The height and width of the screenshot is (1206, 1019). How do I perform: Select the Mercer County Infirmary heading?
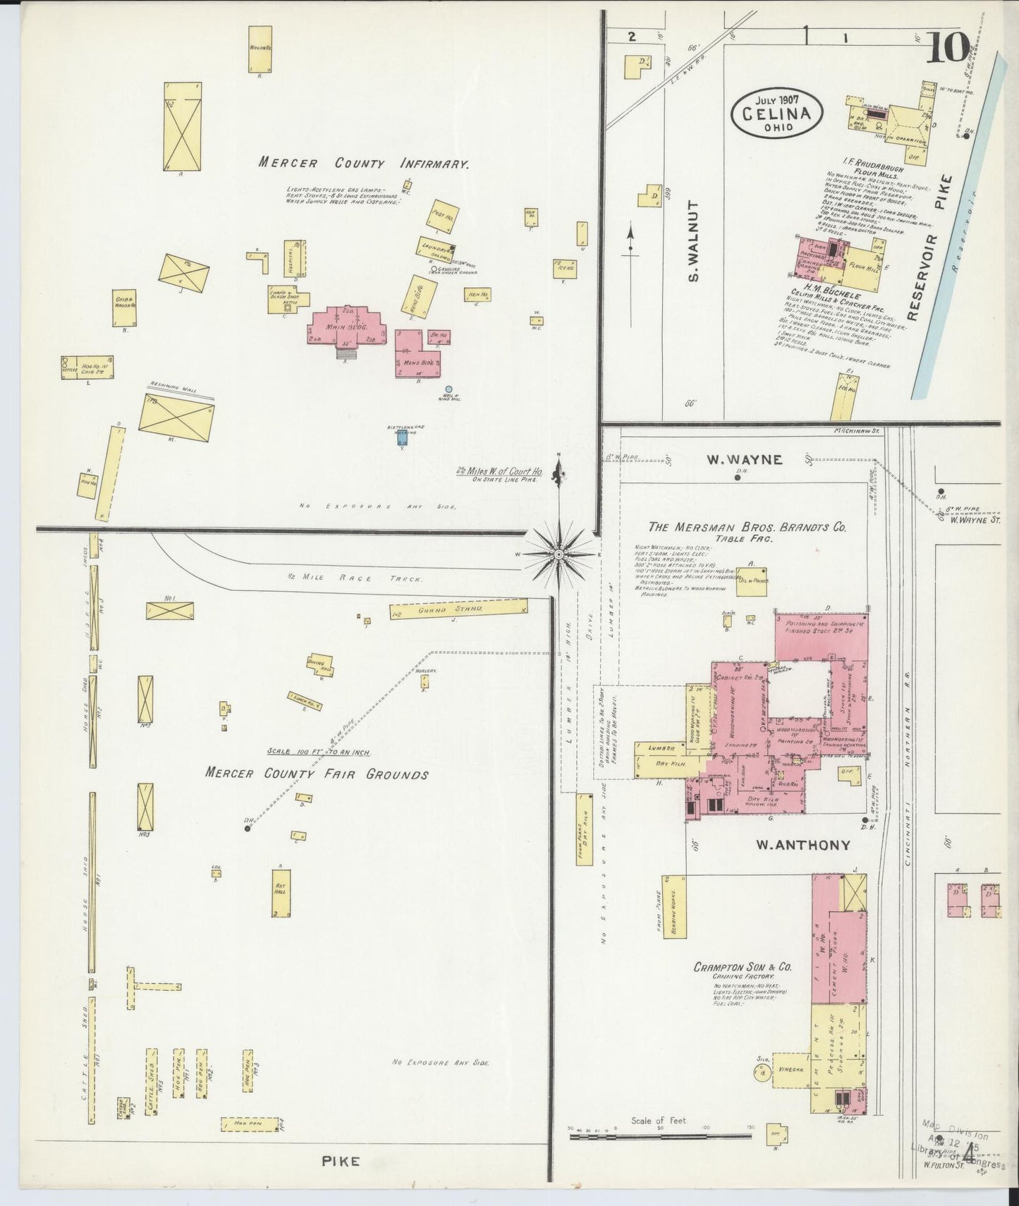point(363,164)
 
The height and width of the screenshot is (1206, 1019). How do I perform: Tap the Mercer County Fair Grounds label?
point(317,774)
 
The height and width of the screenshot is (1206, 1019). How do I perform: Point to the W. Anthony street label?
point(803,844)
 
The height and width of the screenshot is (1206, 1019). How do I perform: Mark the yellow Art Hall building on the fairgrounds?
point(281,892)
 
